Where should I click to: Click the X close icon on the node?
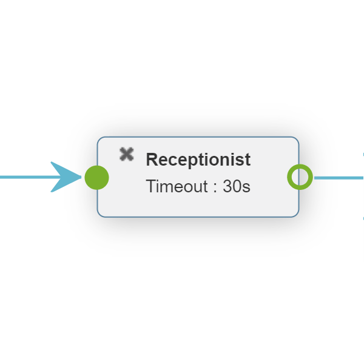click(x=127, y=154)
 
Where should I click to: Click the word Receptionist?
click(x=198, y=160)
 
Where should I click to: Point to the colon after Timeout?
click(x=215, y=187)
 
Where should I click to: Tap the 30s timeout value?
click(x=237, y=186)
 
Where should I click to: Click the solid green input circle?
click(x=97, y=178)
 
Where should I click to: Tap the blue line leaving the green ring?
click(x=339, y=178)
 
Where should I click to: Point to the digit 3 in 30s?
click(x=227, y=186)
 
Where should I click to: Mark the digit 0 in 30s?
click(x=237, y=186)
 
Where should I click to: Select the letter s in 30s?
click(x=246, y=187)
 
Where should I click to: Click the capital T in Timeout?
click(x=150, y=186)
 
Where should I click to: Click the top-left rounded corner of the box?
click(x=100, y=140)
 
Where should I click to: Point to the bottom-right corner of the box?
click(x=297, y=215)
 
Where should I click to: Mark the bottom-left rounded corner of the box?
click(x=100, y=215)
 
